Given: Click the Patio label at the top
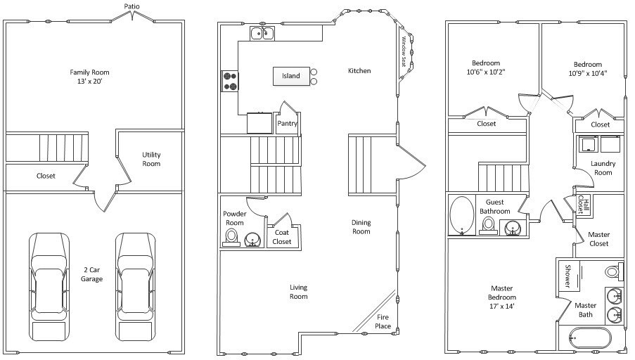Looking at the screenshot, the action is (132, 6).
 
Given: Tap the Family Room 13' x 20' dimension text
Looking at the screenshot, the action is (89, 82).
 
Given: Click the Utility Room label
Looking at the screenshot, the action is (151, 159).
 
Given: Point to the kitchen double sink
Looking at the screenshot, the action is (262, 33).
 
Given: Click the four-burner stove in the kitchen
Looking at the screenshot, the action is (230, 81).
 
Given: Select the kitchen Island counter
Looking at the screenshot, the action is (291, 76).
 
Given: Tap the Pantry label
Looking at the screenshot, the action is (287, 124).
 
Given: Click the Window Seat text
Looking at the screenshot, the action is (404, 51).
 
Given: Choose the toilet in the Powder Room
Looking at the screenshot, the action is (231, 238).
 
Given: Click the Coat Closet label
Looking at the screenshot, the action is (282, 237).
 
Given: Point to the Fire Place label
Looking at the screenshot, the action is (383, 321).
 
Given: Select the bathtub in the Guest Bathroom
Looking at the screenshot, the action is (462, 215).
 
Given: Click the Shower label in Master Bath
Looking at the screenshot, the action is (567, 276).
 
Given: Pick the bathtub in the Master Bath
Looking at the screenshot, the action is (590, 337).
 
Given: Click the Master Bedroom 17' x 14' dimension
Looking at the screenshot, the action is (502, 307).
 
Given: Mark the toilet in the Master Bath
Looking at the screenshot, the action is (615, 271).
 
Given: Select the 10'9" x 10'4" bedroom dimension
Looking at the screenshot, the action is (588, 74).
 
